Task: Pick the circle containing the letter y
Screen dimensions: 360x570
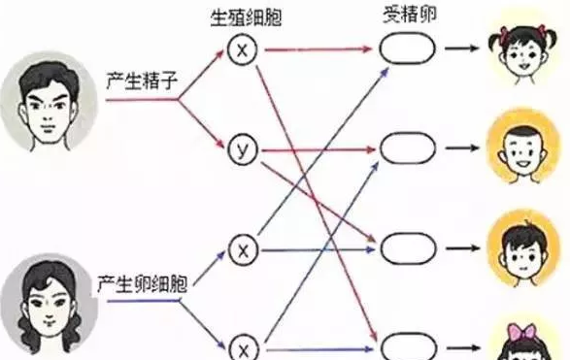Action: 242,150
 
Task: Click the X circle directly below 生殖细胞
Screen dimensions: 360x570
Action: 242,48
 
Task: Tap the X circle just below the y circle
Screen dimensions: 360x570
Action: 242,249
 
